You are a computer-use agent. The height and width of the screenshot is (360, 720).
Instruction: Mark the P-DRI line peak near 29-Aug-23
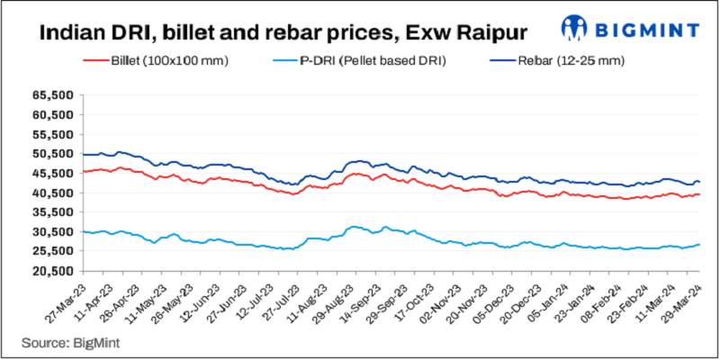tap(354, 227)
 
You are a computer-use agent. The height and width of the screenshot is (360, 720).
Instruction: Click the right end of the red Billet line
tap(699, 194)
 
